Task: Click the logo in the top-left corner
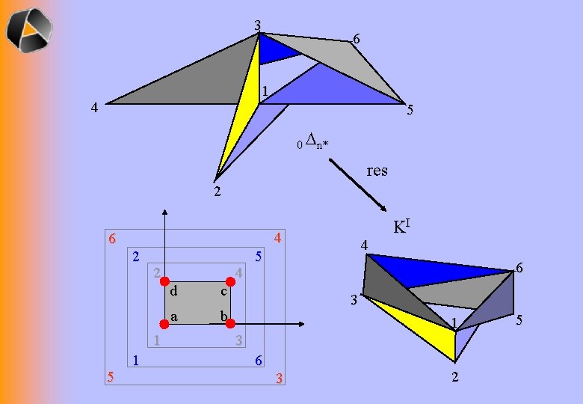click(x=30, y=29)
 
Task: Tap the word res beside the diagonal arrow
click(x=377, y=171)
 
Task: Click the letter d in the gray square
click(x=173, y=290)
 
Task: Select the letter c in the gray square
click(x=222, y=290)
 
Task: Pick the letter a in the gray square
click(x=173, y=317)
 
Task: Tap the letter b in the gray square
click(x=223, y=317)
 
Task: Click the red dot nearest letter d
click(x=165, y=281)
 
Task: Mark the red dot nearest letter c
click(x=231, y=281)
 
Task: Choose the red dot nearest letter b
click(x=230, y=324)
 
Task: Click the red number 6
click(x=111, y=239)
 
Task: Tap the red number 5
click(x=111, y=376)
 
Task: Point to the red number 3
click(x=279, y=378)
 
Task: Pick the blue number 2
click(x=135, y=256)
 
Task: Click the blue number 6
click(x=258, y=361)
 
